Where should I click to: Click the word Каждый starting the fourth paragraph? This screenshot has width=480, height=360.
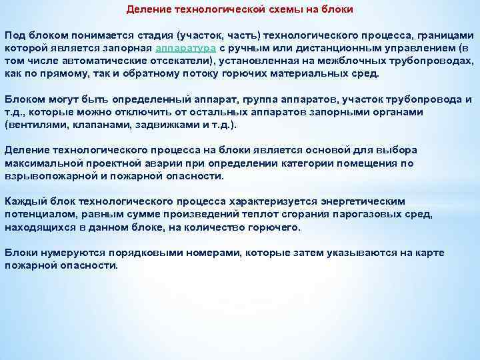click(x=23, y=201)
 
